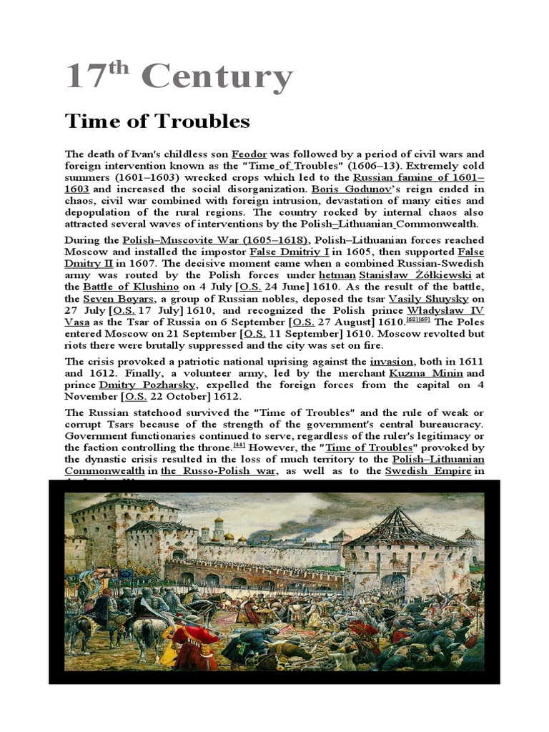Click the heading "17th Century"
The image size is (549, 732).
point(179,76)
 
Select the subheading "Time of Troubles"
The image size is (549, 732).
point(157,122)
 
